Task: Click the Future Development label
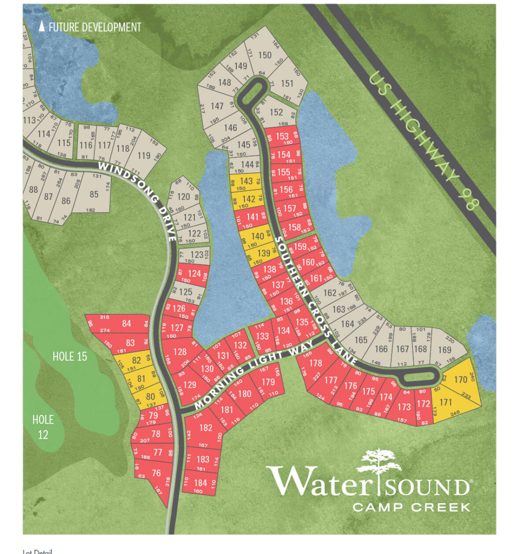click(x=95, y=27)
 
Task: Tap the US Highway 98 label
click(x=423, y=141)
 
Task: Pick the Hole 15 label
click(x=70, y=356)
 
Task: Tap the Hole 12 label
click(x=43, y=427)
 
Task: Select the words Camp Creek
click(x=412, y=507)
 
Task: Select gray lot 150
click(x=265, y=55)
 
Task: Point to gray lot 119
click(x=144, y=155)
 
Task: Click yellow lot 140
click(x=258, y=236)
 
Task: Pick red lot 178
click(x=316, y=363)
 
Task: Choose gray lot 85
click(x=94, y=194)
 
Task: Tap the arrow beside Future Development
click(x=42, y=26)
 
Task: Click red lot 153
click(x=282, y=136)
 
